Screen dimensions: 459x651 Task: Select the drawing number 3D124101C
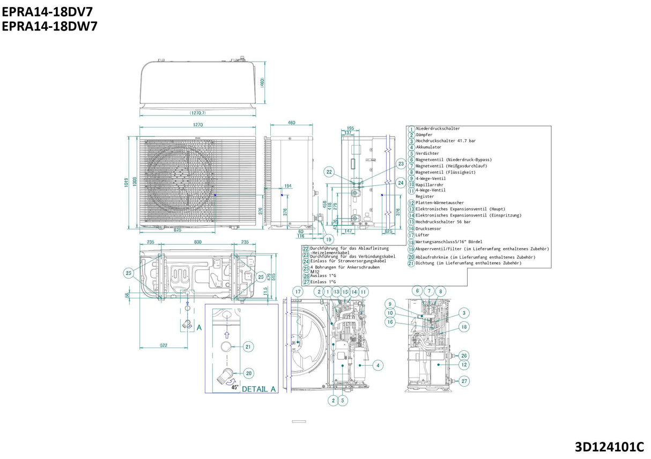[609, 447]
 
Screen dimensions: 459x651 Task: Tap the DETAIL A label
[258, 389]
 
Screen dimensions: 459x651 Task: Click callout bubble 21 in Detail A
[248, 347]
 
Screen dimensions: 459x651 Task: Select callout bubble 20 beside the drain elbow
[248, 373]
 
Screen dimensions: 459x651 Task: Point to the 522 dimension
[163, 345]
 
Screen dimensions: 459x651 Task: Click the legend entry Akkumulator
[428, 147]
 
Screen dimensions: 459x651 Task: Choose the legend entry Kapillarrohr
[430, 185]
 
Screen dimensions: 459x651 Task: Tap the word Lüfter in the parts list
[423, 235]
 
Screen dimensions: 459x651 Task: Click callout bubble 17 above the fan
[298, 291]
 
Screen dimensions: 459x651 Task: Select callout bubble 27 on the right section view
[464, 381]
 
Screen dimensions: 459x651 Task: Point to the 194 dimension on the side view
[287, 186]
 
